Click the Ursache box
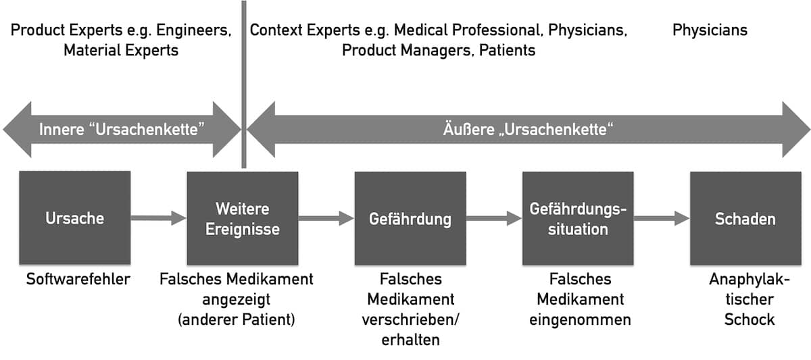[75, 217]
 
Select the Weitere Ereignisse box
[243, 218]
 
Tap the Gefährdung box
[410, 218]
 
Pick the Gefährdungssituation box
[578, 218]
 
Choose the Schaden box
[745, 218]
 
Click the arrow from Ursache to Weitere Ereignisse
[159, 218]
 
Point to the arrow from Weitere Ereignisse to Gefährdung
[326, 218]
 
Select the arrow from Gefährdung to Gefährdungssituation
[494, 218]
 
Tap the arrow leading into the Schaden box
[662, 218]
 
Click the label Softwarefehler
[78, 280]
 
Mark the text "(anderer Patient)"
[237, 320]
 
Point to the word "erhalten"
[411, 340]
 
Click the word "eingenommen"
[580, 320]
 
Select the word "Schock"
[749, 320]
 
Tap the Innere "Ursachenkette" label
[122, 130]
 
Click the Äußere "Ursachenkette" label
[529, 130]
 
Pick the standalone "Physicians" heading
[710, 30]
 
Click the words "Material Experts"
[121, 50]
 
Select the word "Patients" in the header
[508, 50]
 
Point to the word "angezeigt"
[237, 300]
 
